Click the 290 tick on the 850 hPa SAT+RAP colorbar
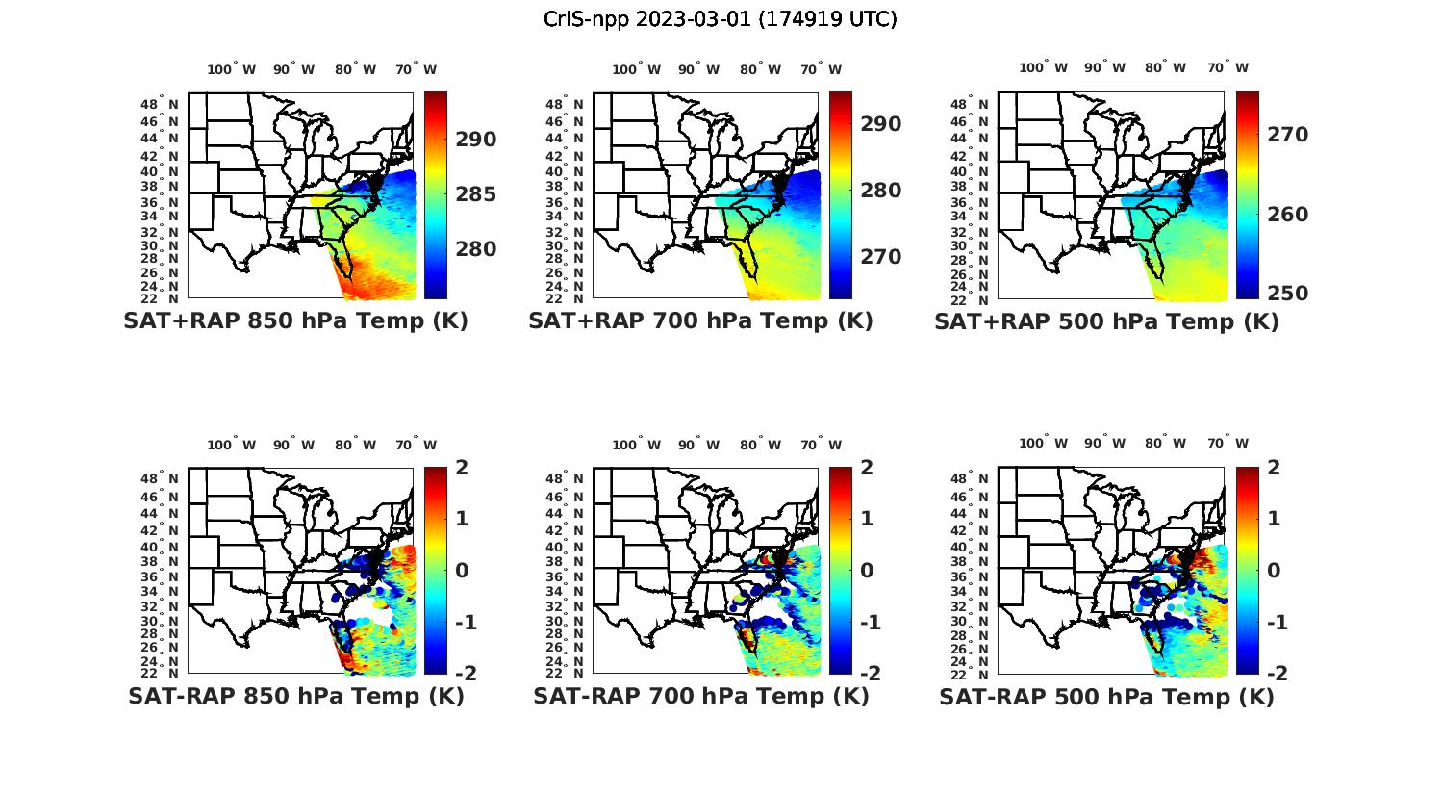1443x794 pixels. point(476,140)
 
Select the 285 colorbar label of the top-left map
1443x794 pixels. point(476,194)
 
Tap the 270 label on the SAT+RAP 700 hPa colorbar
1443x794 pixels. point(881,257)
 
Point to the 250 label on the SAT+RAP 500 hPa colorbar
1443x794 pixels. point(1287,294)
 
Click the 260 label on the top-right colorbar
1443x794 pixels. point(1287,215)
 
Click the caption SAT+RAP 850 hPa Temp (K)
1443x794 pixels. point(295,321)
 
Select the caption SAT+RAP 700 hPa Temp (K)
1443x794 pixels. point(700,321)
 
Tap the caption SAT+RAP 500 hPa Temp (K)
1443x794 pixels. point(1106,322)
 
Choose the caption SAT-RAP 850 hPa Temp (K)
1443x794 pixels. point(295,696)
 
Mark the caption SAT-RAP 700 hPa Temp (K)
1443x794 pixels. point(700,696)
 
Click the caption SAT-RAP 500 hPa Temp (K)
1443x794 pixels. point(1106,697)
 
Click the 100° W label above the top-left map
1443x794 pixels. point(232,69)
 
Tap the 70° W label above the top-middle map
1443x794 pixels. point(821,69)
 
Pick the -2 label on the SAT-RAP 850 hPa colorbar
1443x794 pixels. point(464,673)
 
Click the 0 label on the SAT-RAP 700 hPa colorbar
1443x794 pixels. point(867,570)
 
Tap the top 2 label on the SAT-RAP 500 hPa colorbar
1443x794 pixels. point(1272,468)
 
